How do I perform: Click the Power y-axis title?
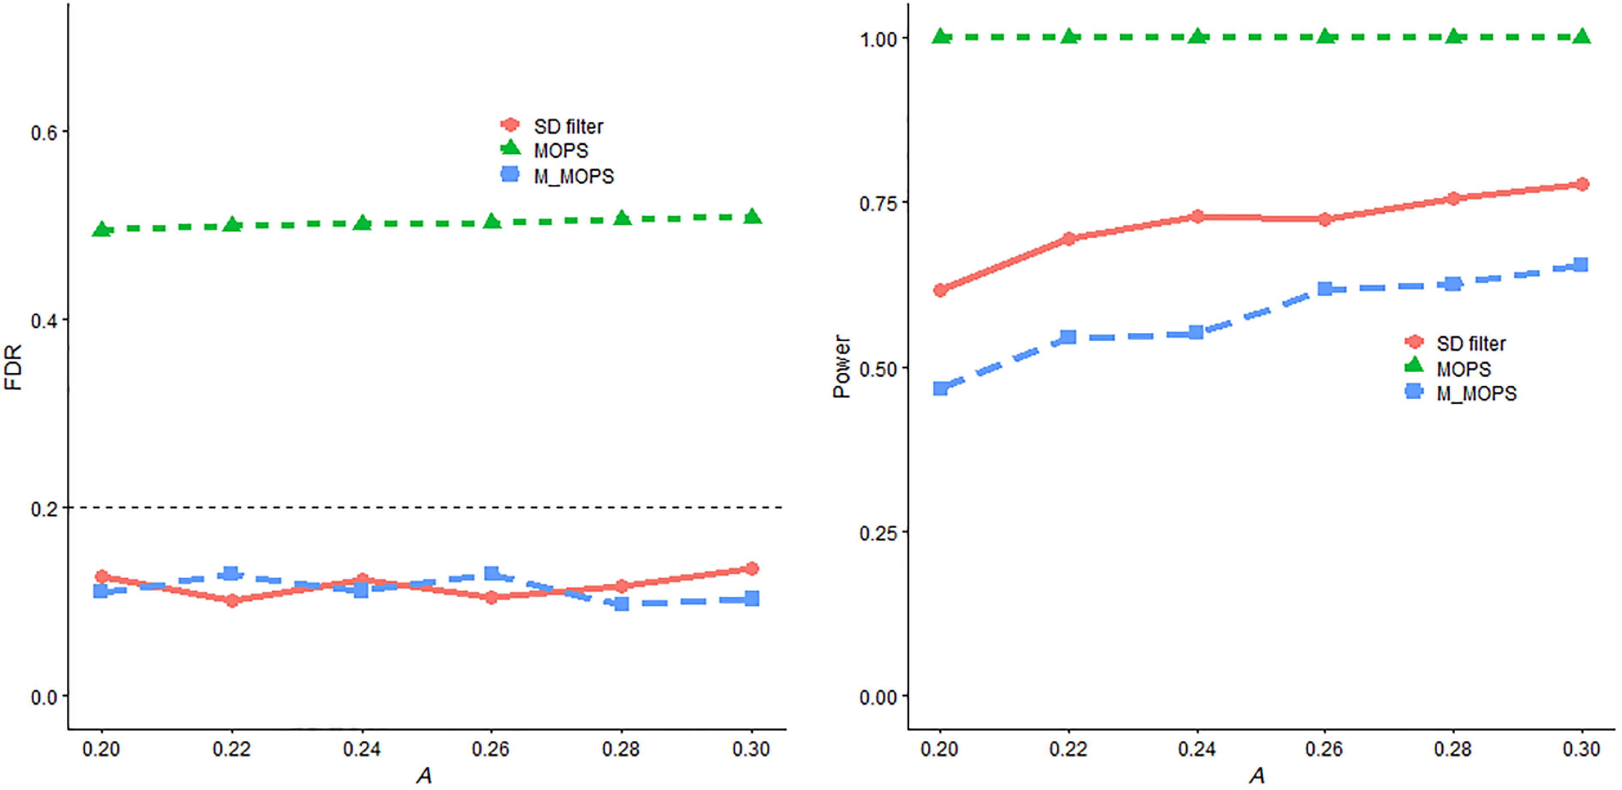coord(842,367)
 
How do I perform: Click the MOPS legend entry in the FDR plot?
coord(560,151)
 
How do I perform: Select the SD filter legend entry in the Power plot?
coord(1471,344)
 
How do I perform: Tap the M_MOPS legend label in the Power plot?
coord(1476,393)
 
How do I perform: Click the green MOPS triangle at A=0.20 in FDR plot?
coord(101,229)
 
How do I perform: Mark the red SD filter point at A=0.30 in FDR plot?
coord(751,569)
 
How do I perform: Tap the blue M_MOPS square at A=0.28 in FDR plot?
coord(621,603)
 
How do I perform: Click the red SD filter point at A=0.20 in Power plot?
coord(940,290)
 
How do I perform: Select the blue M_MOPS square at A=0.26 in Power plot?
coord(1325,288)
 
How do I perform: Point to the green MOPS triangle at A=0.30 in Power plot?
coord(1582,36)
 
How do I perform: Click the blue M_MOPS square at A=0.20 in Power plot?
coord(940,388)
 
